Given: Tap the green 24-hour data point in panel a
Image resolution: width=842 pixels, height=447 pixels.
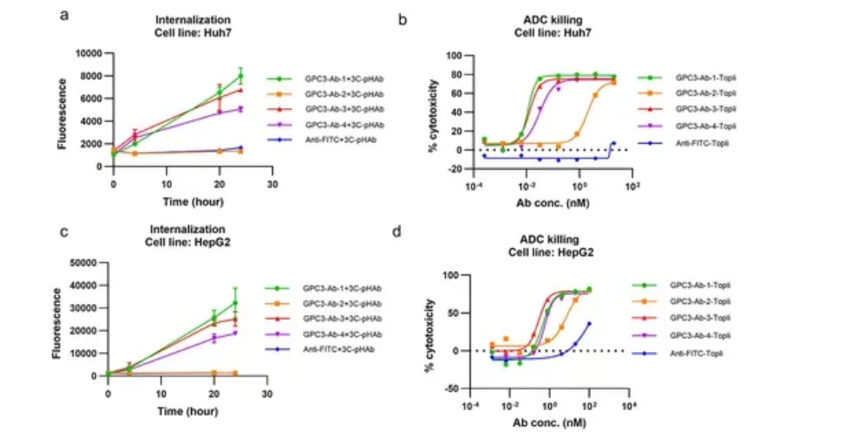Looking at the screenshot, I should (241, 76).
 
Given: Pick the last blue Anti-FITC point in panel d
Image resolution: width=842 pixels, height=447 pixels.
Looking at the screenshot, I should (589, 324).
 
